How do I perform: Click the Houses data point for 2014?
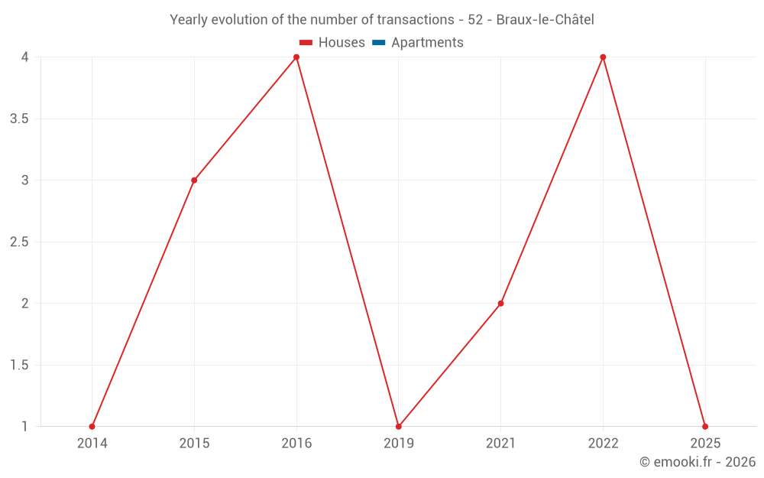point(92,426)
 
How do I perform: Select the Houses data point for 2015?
point(194,180)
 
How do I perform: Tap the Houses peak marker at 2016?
point(296,57)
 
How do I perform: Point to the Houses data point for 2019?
point(399,426)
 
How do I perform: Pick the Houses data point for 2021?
point(500,304)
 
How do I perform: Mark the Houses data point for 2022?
point(603,57)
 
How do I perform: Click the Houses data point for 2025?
point(705,426)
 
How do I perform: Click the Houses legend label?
point(342,43)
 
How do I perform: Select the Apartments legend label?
point(427,43)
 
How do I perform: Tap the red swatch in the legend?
point(306,43)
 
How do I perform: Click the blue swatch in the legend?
point(379,43)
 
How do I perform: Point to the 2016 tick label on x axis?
point(296,444)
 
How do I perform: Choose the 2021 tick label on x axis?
point(500,444)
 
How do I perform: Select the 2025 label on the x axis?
point(705,444)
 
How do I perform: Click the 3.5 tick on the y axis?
point(20,119)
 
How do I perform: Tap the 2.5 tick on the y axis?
point(20,242)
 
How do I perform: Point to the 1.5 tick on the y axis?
point(20,366)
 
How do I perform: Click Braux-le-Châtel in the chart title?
point(545,19)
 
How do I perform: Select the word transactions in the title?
point(413,19)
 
